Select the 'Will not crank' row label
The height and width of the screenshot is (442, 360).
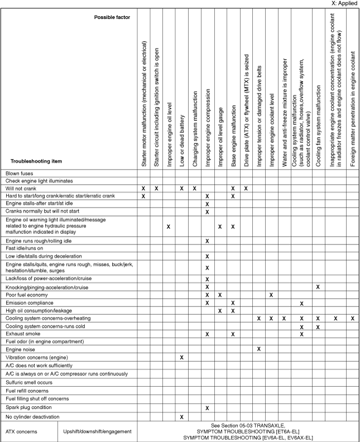pos(22,189)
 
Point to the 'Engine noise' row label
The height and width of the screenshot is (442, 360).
pos(22,349)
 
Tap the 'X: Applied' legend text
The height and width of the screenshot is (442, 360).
pos(344,3)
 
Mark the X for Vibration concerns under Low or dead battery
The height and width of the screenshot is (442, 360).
pos(182,357)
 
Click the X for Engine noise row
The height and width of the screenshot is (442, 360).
pos(259,349)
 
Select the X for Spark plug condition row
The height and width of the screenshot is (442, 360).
pos(207,408)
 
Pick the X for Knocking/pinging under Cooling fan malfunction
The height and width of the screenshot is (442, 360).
pos(318,287)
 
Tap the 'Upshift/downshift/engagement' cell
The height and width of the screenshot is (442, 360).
pos(98,431)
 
